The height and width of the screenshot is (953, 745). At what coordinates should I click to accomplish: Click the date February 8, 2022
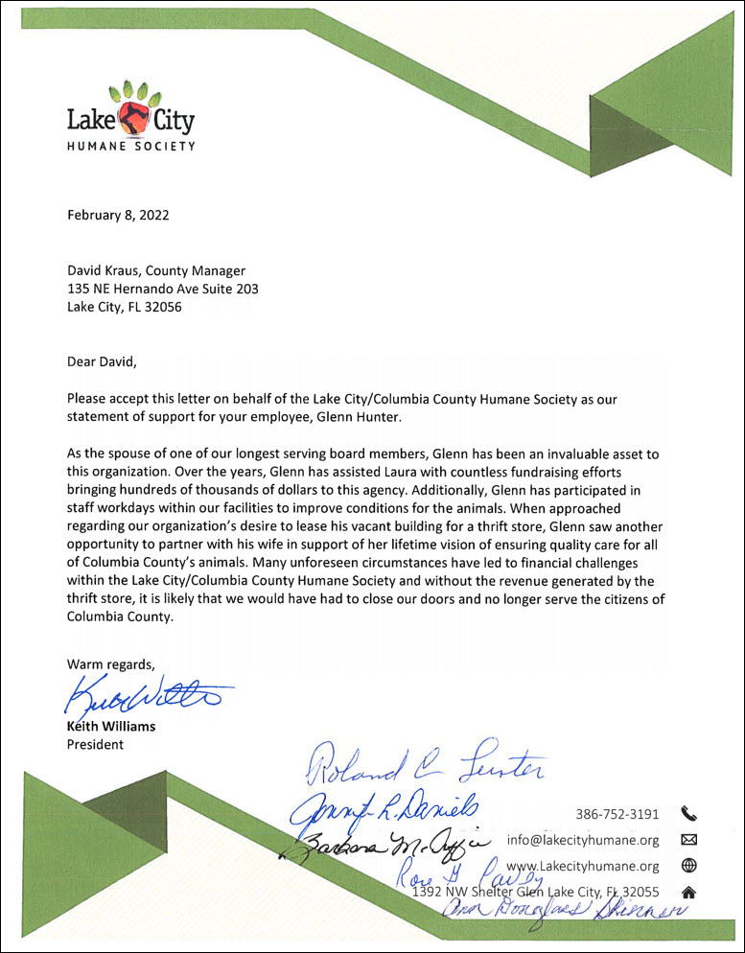[x=117, y=215]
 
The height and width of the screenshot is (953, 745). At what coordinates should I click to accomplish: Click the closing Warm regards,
[x=109, y=663]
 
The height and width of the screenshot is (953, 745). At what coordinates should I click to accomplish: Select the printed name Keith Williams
[x=110, y=726]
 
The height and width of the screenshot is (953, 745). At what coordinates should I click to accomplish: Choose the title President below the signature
[x=95, y=744]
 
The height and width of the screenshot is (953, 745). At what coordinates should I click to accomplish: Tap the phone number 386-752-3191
[x=617, y=815]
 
